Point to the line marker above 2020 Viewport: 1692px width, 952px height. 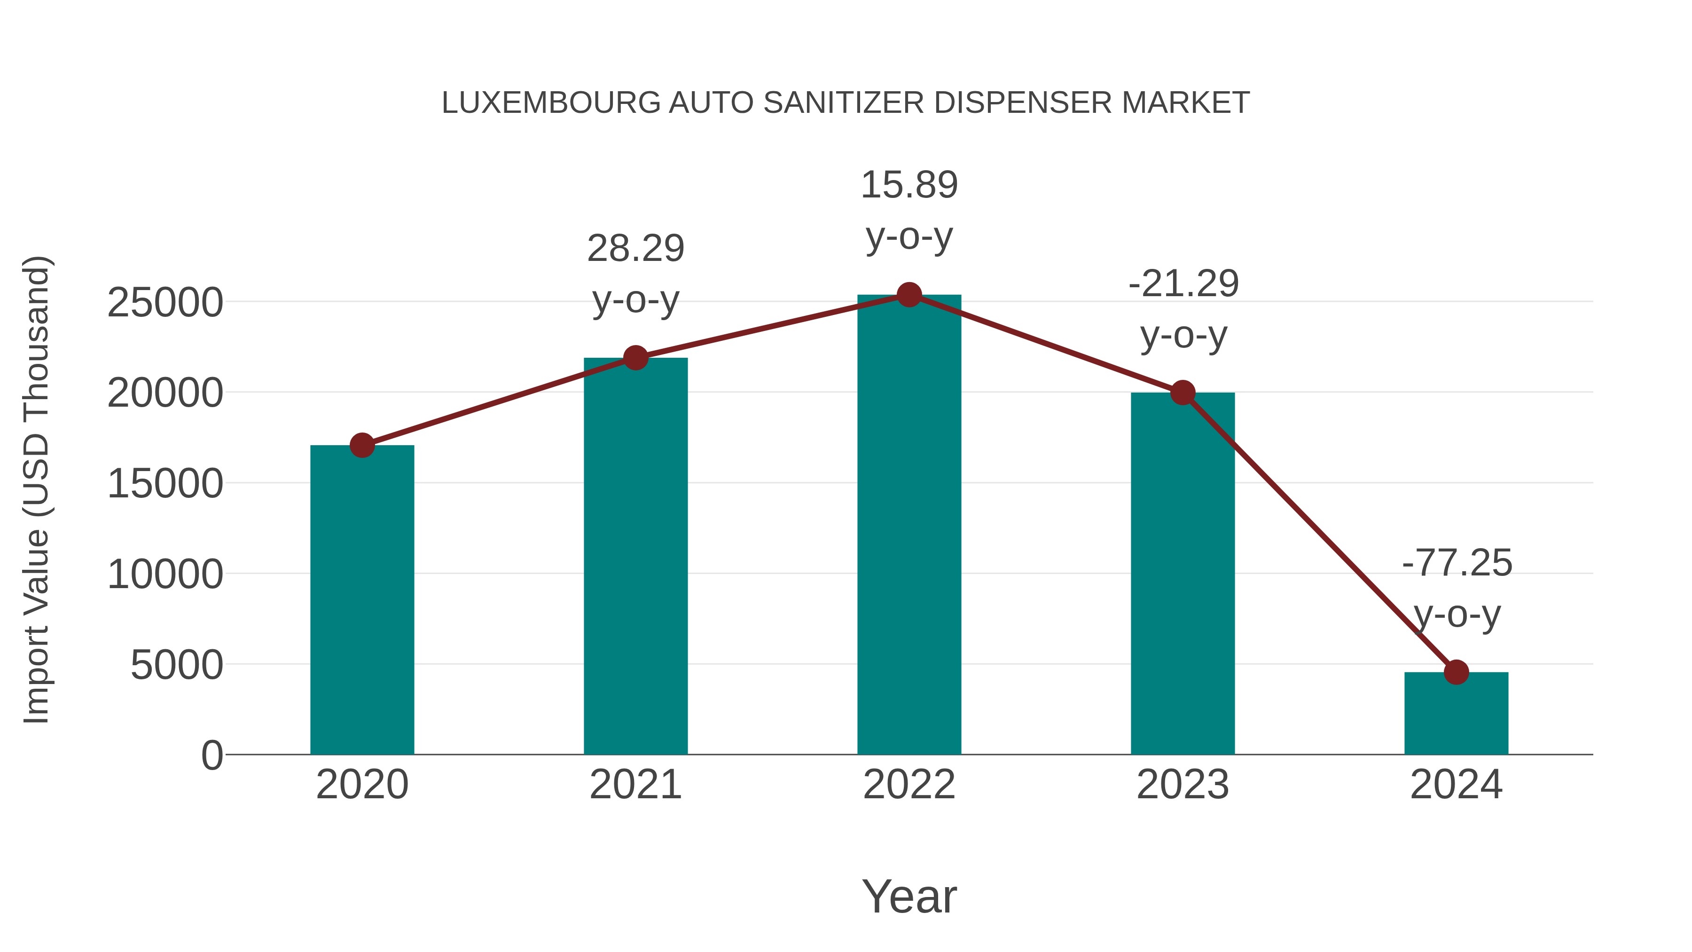(x=362, y=446)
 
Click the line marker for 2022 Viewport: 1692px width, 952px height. (x=909, y=295)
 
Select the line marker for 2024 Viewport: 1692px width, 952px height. (x=1456, y=672)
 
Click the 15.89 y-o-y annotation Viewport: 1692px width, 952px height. (x=909, y=210)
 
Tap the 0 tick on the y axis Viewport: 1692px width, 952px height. (x=211, y=755)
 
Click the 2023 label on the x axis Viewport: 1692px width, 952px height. (x=1183, y=785)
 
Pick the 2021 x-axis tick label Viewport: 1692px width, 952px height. (x=635, y=785)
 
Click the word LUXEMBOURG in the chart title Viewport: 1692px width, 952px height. (x=551, y=103)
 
